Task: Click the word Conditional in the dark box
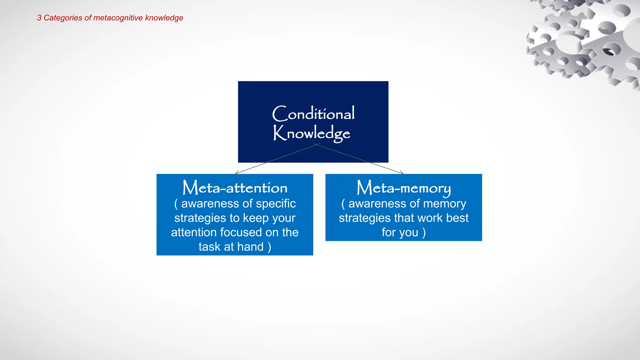coord(313,113)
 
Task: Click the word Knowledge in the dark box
coord(312,133)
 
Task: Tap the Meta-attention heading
coord(235,188)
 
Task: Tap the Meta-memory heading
coord(403,188)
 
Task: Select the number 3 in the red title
coord(39,18)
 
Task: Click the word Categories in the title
coord(63,18)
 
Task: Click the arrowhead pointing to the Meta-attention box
coord(236,172)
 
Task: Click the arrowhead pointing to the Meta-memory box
coord(402,172)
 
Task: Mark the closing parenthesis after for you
coord(424,233)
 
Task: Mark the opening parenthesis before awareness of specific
coord(176,204)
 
